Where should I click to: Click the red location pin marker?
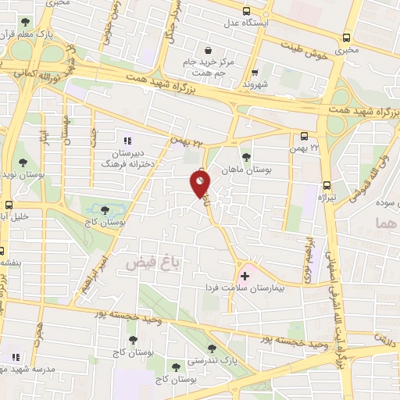click(200, 184)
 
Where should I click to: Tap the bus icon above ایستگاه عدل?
click(247, 11)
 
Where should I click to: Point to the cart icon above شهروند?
click(255, 70)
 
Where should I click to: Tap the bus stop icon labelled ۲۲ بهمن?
click(304, 136)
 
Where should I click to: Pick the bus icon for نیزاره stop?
click(326, 186)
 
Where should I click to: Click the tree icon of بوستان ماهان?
click(247, 156)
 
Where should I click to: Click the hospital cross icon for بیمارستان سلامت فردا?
click(245, 276)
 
